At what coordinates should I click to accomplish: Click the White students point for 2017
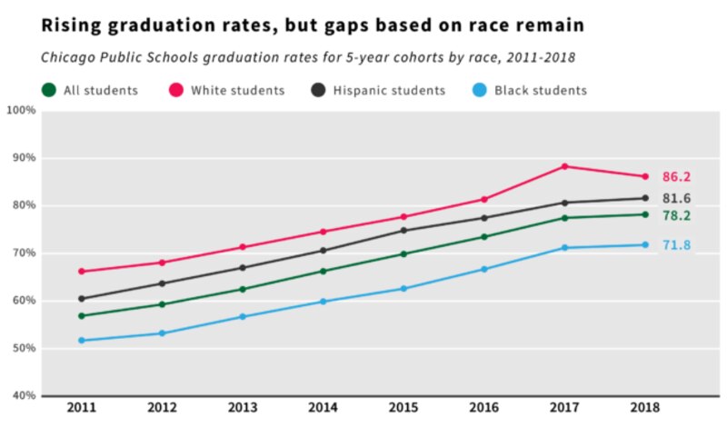(564, 166)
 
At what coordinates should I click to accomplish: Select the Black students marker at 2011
(82, 341)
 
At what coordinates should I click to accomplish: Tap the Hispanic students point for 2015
(403, 230)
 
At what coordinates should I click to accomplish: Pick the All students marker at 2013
(243, 290)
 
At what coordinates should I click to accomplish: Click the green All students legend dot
(48, 90)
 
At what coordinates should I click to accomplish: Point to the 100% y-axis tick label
(21, 111)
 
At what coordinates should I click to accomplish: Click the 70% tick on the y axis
(21, 253)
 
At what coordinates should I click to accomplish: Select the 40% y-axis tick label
(21, 396)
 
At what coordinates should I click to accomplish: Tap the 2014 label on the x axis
(324, 408)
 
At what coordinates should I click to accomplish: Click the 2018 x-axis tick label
(645, 408)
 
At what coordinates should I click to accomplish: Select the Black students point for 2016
(484, 269)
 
